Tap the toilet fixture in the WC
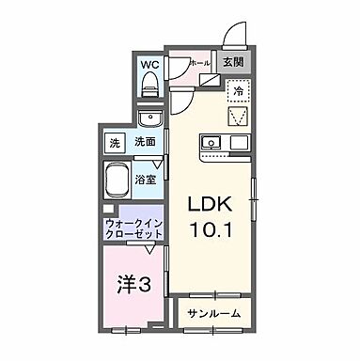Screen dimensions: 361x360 (x=149, y=86)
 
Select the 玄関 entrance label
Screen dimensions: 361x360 (x=231, y=63)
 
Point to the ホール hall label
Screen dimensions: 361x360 (x=200, y=63)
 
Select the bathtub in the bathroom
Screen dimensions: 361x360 (x=120, y=179)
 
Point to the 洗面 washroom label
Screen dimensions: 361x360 (x=144, y=142)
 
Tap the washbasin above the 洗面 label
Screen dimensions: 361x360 (x=149, y=119)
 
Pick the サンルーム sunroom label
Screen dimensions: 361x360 (x=212, y=313)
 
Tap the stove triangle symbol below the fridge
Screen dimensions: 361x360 (x=239, y=118)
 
